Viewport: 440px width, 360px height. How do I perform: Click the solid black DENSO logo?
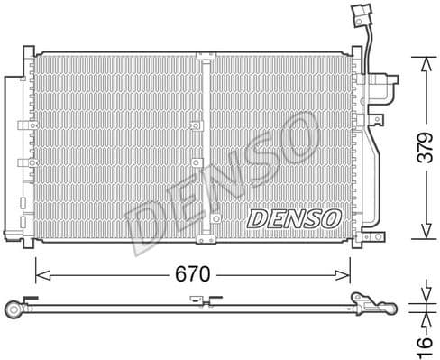coord(292,218)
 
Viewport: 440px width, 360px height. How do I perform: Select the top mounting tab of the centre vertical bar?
coord(205,56)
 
